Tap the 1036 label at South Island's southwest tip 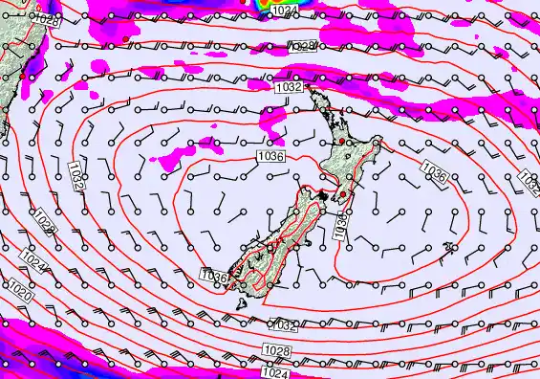point(215,276)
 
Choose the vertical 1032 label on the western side point(76,177)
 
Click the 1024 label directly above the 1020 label point(32,259)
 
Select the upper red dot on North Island point(341,141)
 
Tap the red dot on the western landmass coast point(20,75)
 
